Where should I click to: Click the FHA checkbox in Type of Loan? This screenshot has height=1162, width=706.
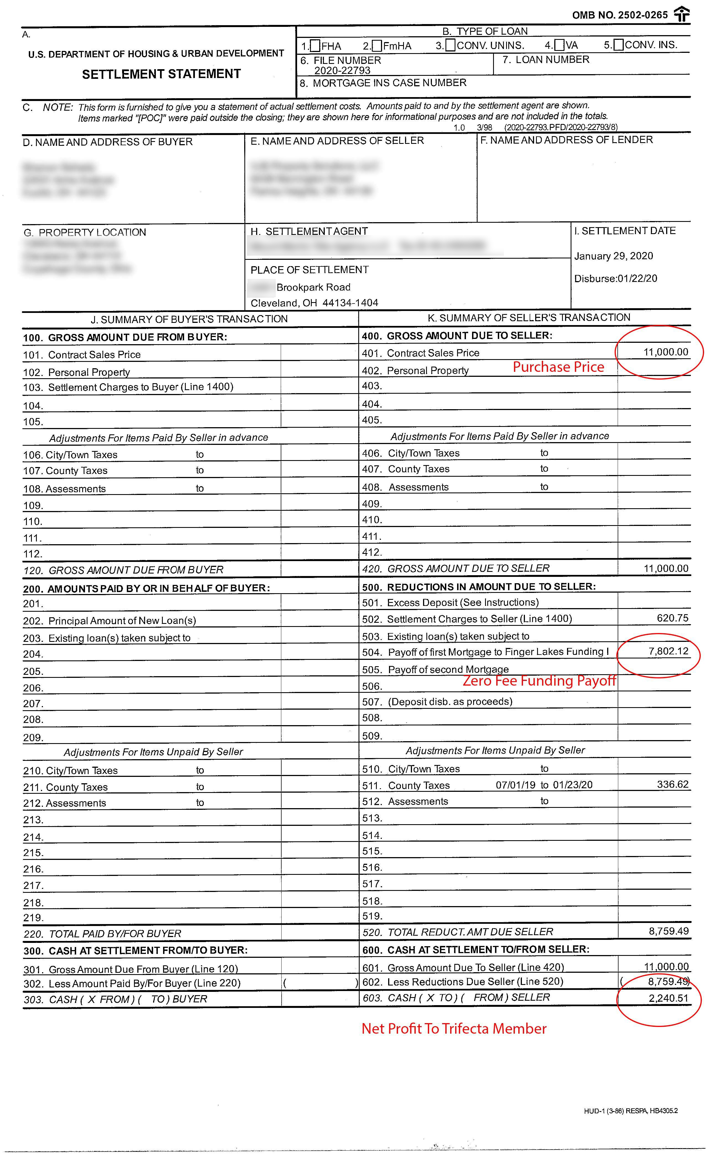[315, 46]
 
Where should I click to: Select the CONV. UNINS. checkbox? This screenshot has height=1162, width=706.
[450, 45]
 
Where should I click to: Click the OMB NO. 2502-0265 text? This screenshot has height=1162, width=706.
[620, 15]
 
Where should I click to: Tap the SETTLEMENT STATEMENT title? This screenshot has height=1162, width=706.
[161, 74]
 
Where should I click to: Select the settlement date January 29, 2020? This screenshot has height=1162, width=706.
[614, 256]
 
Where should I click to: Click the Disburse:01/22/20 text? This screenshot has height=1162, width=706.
[615, 278]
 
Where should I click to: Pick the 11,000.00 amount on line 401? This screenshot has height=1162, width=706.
[665, 352]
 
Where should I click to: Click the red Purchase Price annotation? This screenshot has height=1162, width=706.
[558, 367]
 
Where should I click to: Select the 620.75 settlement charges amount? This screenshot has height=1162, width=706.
[672, 618]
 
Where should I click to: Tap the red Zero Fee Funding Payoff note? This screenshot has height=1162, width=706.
[539, 681]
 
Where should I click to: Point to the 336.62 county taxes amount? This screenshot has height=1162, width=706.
[672, 784]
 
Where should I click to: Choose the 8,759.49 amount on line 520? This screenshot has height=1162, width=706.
[668, 931]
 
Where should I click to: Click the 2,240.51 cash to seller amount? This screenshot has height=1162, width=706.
[668, 998]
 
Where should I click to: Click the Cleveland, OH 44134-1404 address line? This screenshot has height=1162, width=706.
[314, 303]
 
